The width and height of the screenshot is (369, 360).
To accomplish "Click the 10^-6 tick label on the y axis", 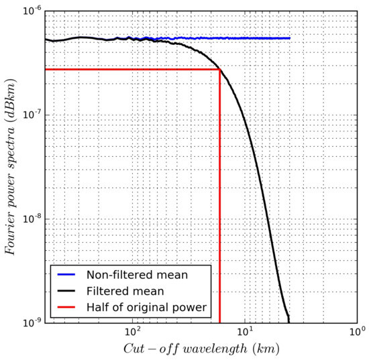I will [x=30, y=11].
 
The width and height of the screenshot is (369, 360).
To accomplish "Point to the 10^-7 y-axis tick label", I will [x=30, y=115].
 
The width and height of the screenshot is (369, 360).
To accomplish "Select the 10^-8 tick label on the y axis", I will [x=30, y=219].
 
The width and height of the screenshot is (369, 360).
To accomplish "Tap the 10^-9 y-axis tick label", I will [x=30, y=322].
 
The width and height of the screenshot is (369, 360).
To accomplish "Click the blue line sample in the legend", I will [x=66, y=275].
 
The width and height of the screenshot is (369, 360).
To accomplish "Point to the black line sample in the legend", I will [x=66, y=291].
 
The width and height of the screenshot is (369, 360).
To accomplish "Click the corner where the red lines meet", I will [x=220, y=70].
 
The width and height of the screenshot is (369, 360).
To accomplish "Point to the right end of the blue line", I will [x=290, y=38].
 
